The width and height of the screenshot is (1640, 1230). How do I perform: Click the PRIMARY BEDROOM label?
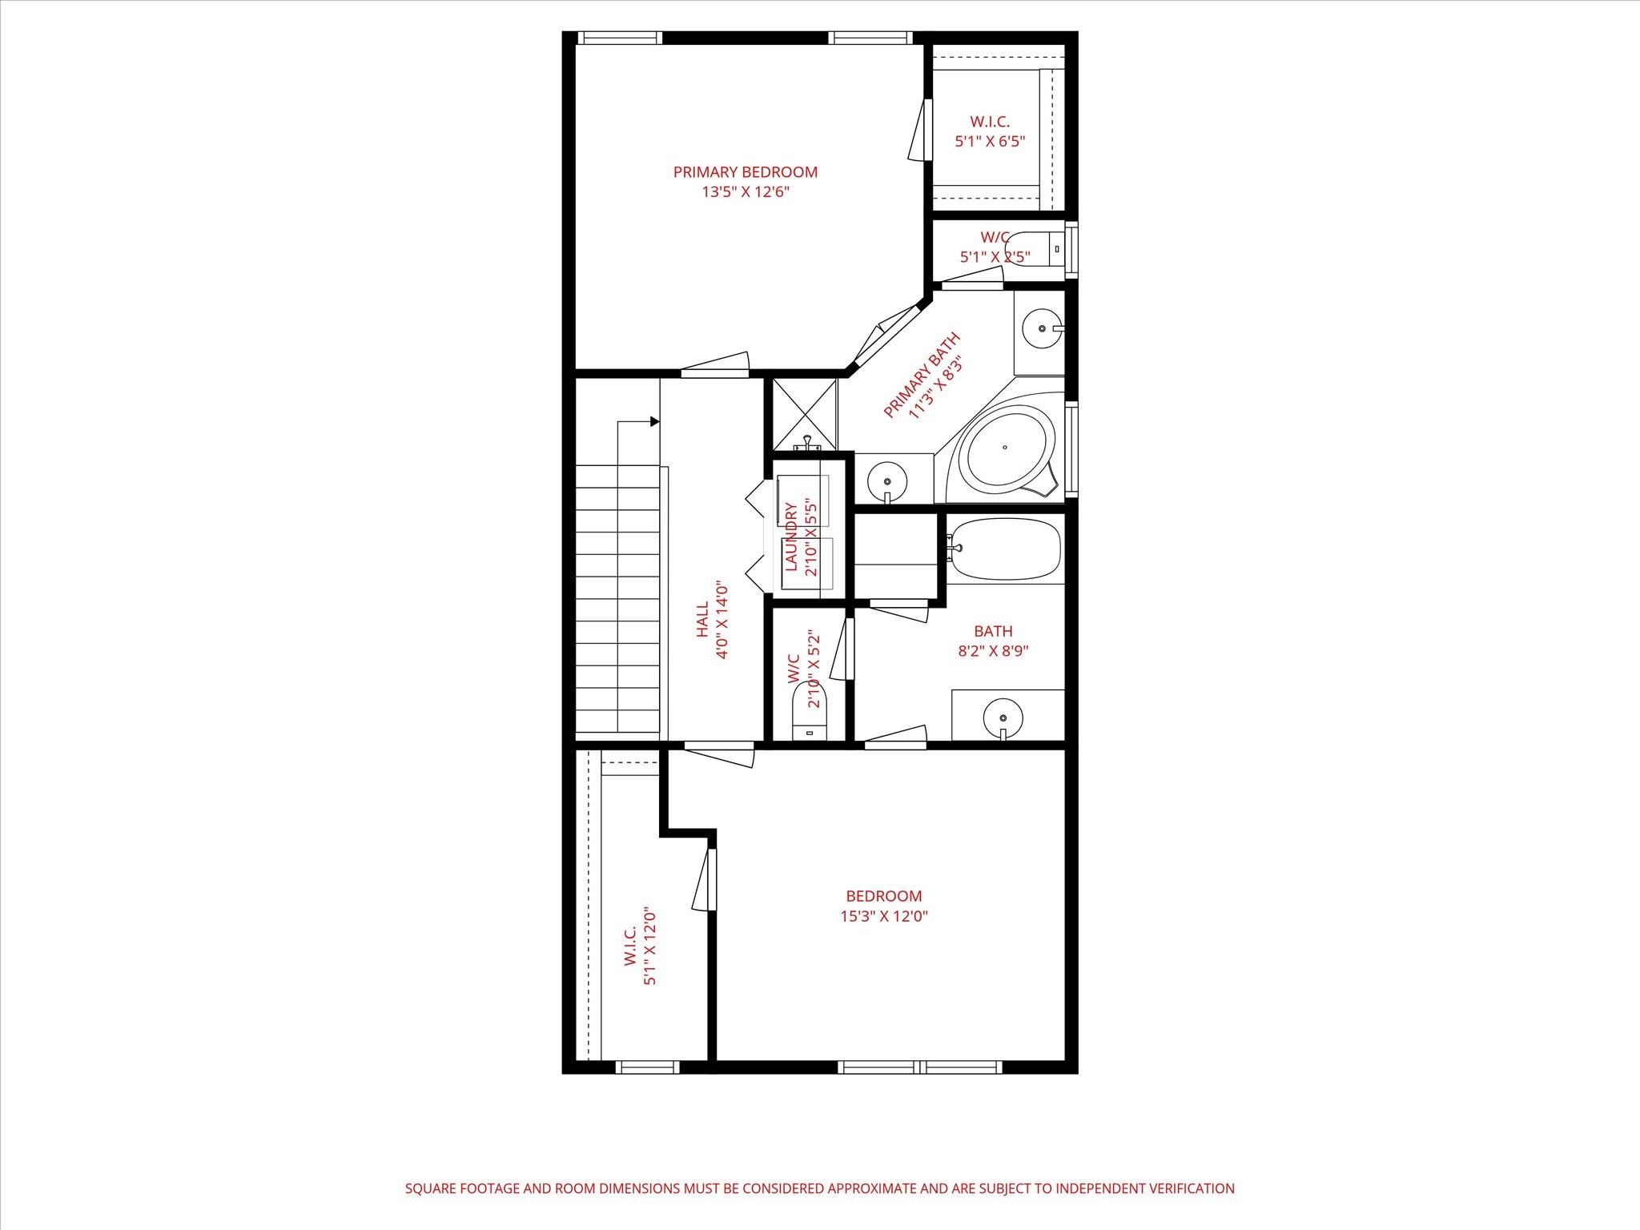point(745,172)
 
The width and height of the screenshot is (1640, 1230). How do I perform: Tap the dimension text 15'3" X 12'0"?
point(883,916)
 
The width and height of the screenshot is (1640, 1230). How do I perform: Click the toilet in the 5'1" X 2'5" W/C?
point(1033,249)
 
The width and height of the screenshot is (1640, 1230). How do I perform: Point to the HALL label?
point(702,620)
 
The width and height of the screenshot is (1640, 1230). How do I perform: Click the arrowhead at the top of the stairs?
point(654,421)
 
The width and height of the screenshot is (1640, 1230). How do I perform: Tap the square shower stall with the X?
point(804,414)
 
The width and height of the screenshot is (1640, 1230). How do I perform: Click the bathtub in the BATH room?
point(1006,549)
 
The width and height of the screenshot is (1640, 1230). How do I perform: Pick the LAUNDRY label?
point(791,537)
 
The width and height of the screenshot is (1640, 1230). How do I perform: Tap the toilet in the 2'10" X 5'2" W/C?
point(809,713)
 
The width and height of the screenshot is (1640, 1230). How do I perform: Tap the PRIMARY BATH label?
point(921,376)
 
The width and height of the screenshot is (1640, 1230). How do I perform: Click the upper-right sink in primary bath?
point(1042,328)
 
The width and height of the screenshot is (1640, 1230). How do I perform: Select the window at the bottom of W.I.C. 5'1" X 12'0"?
point(647,1067)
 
